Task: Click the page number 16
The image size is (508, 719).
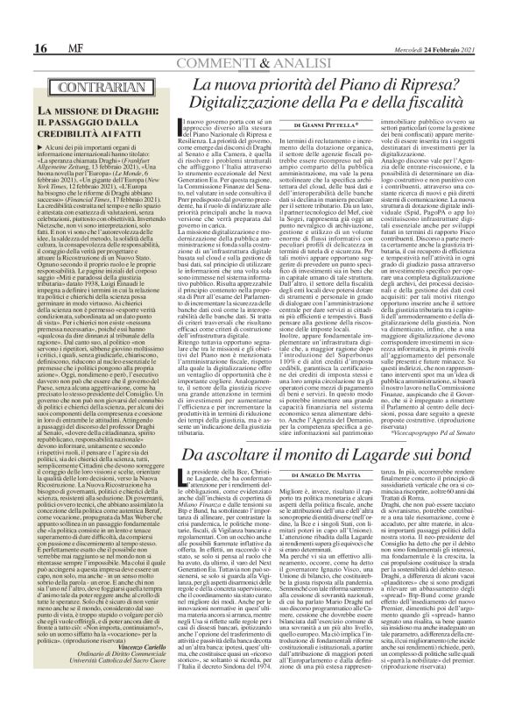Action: click(x=17, y=22)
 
